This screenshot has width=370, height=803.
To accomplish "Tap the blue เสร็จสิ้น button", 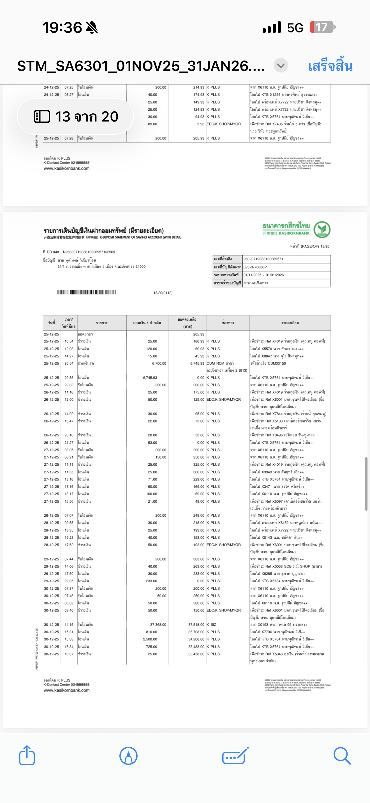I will pos(330,66).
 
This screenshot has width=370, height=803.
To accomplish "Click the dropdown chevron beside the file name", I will pos(281,66).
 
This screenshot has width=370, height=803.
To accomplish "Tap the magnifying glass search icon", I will pos(342,756).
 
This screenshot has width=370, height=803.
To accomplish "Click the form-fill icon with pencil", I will pos(235,756).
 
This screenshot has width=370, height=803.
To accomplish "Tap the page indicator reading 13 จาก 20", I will pos(75,116).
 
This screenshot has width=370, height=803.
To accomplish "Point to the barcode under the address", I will pos(86,292).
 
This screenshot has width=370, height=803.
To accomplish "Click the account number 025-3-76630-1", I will pos(256,267).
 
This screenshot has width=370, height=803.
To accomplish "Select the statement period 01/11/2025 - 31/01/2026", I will pos(268,275).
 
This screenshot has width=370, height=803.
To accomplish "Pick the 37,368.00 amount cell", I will pos(158,625).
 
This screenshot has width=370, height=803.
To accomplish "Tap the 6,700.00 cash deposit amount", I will pos(159,363).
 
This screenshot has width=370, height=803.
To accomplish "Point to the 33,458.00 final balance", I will pos(196,654).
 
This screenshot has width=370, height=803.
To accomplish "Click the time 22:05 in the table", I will pos(69,581).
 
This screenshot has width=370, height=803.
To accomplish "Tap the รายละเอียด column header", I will pos(290,323).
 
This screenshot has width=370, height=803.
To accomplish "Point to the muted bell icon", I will pos(92,27).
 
